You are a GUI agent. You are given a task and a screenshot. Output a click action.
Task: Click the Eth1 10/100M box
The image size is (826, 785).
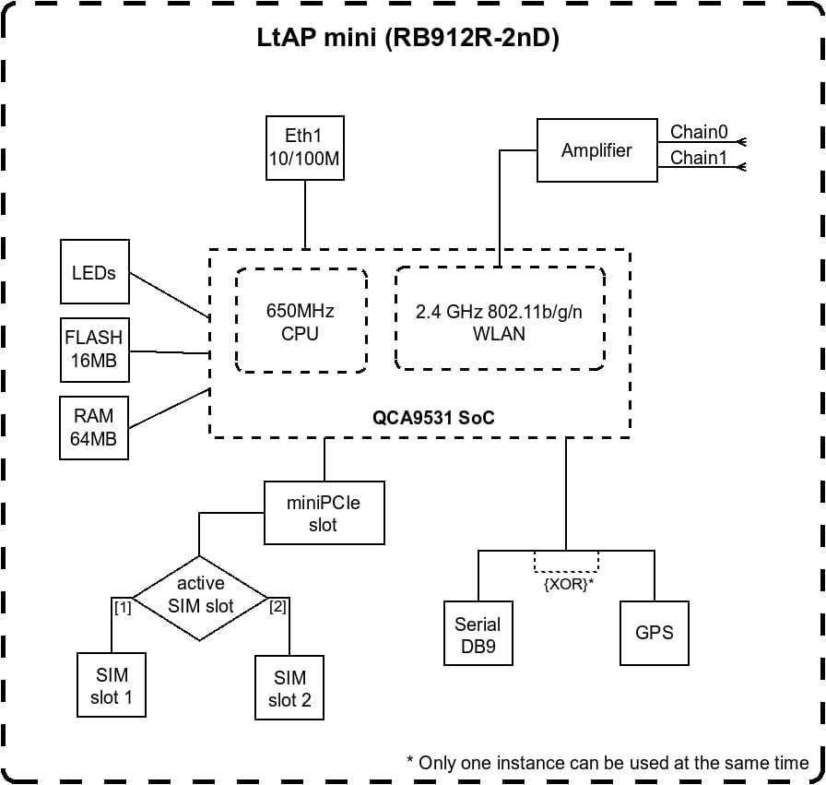click(x=305, y=149)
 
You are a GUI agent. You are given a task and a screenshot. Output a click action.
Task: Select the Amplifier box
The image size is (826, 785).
click(x=596, y=150)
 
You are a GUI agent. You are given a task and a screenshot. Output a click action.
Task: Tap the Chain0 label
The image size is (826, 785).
click(x=699, y=132)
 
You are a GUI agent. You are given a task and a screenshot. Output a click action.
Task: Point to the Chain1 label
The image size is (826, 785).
click(x=699, y=158)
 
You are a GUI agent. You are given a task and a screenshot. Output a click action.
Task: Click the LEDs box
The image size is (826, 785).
click(x=95, y=271)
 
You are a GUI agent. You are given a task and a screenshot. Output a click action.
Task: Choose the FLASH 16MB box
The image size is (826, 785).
click(x=95, y=350)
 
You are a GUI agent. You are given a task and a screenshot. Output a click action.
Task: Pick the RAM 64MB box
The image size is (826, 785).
click(x=94, y=428)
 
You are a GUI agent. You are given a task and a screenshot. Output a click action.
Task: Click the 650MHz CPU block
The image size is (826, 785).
click(x=301, y=320)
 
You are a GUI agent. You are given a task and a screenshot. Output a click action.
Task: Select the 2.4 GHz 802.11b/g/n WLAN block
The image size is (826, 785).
click(x=500, y=318)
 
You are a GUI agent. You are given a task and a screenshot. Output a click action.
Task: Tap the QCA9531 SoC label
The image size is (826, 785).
click(x=433, y=418)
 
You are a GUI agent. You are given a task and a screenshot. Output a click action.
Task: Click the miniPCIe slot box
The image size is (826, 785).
click(x=324, y=513)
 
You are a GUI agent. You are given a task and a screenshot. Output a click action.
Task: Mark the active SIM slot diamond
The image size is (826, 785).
click(x=200, y=599)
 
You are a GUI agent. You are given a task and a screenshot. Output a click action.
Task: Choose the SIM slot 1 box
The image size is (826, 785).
click(x=112, y=684)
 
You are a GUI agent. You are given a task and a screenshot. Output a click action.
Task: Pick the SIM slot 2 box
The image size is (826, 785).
click(x=289, y=687)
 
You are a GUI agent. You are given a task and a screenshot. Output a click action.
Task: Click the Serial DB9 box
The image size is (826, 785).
click(x=478, y=633)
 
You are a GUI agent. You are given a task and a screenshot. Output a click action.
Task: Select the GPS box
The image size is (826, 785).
click(x=655, y=633)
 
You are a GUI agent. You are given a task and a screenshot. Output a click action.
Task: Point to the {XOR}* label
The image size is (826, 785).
click(x=569, y=584)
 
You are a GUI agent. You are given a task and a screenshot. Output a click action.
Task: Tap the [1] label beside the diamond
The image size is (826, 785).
click(x=123, y=608)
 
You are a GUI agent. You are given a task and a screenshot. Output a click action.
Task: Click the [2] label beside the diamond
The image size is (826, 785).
click(x=277, y=607)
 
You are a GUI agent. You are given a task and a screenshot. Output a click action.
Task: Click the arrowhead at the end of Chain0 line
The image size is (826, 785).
click(x=742, y=142)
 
